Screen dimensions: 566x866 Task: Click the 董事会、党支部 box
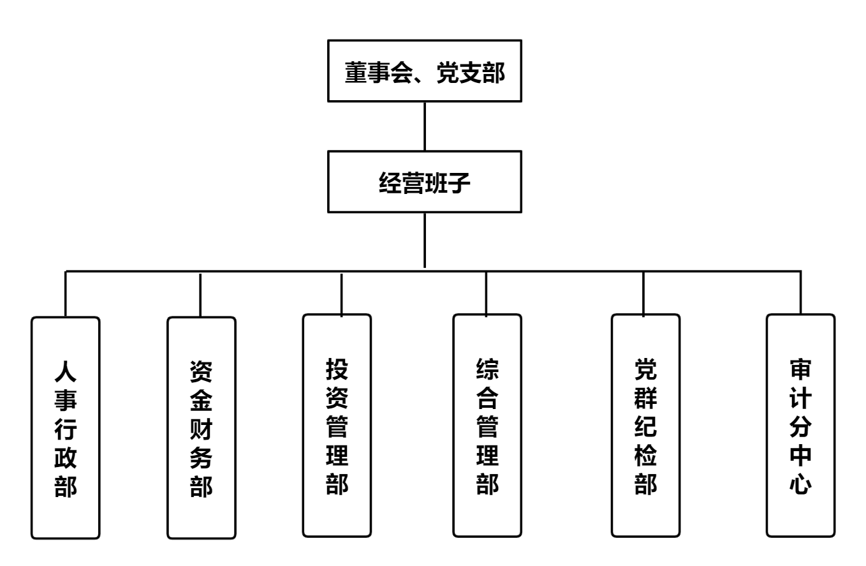(425, 71)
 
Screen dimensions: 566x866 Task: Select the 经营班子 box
(425, 182)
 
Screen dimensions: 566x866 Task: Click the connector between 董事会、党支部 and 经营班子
(424, 126)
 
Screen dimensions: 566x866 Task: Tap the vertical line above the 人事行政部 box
(65, 293)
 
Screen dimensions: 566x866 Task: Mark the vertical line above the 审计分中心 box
(801, 292)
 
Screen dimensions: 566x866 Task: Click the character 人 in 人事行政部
(65, 371)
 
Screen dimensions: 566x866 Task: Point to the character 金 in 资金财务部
(201, 400)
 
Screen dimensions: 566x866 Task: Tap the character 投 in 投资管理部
(337, 368)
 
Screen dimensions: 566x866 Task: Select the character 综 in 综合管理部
(487, 368)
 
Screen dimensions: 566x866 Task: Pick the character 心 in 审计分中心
(800, 485)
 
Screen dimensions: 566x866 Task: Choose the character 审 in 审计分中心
(800, 369)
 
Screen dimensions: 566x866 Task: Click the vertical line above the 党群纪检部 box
(643, 293)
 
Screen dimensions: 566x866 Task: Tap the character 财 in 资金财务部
(201, 429)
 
